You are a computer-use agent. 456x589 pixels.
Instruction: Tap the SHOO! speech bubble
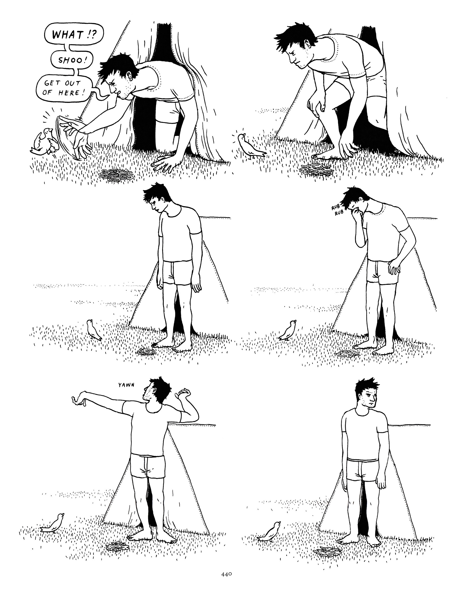(x=72, y=60)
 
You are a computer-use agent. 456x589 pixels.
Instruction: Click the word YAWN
(x=126, y=385)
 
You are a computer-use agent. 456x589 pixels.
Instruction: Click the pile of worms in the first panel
(x=113, y=175)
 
